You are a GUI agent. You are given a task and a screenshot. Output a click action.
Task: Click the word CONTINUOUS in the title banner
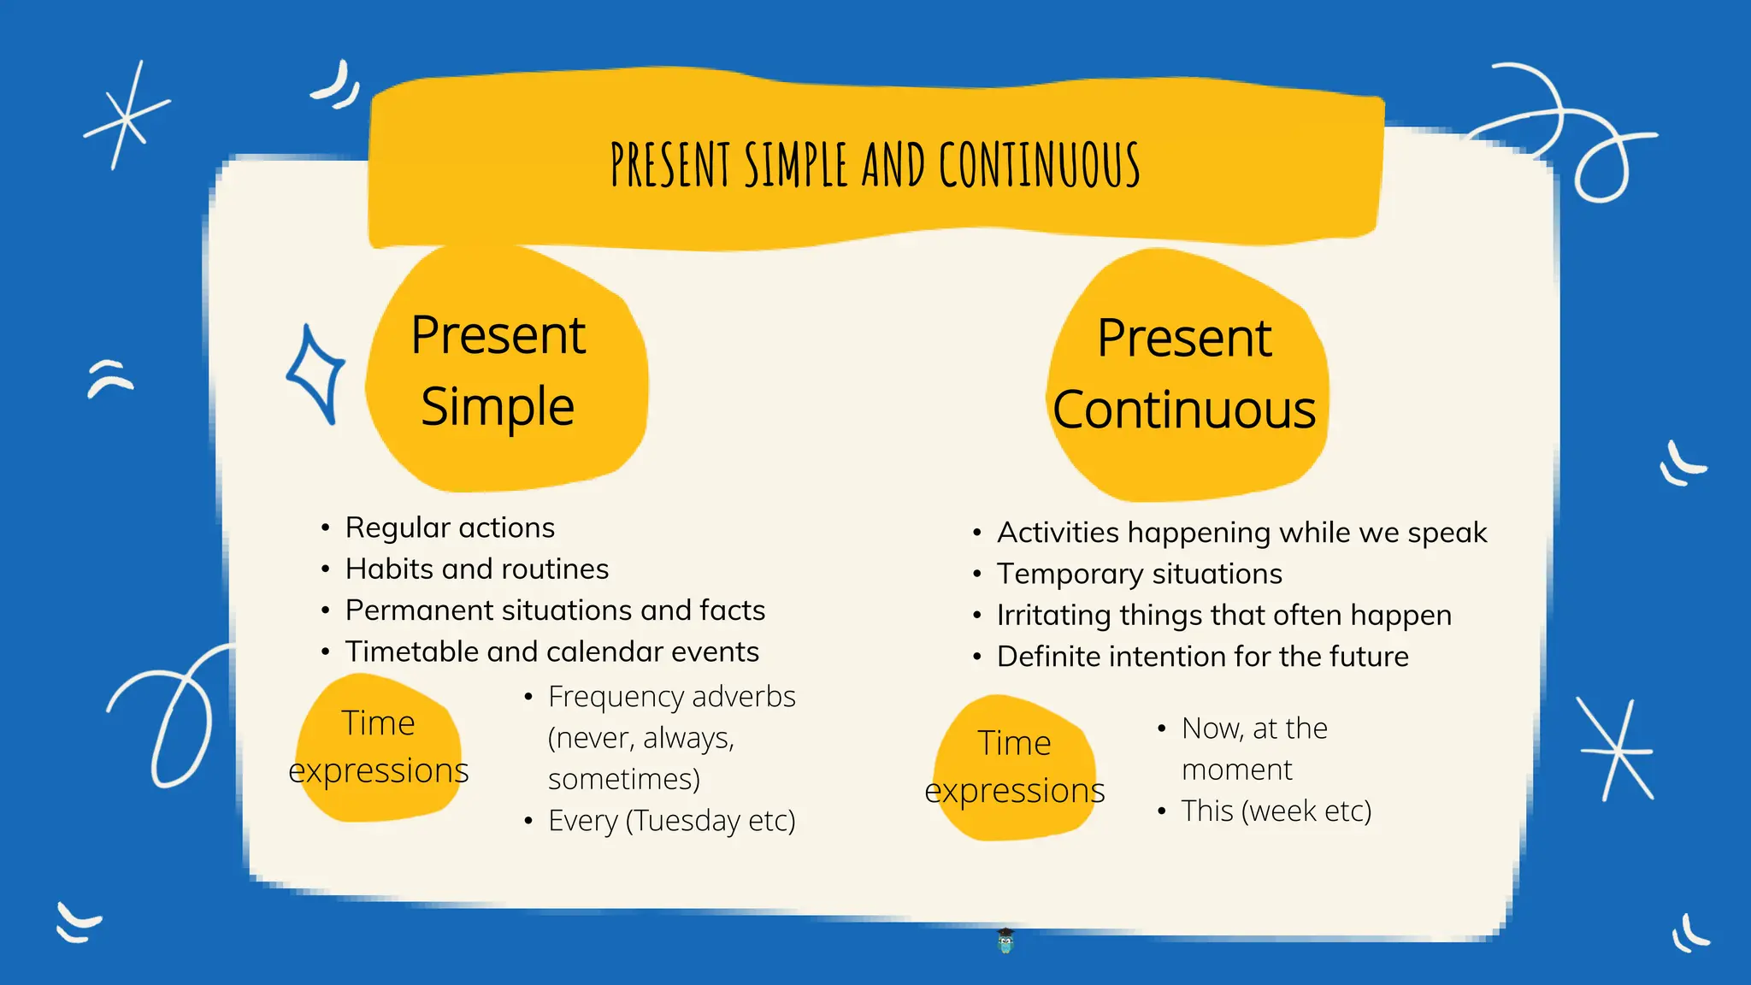(x=1039, y=164)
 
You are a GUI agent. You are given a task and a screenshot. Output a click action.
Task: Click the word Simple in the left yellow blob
(x=498, y=406)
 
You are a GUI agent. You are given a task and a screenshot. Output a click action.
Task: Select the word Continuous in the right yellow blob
(x=1184, y=410)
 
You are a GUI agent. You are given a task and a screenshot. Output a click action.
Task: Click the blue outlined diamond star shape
(x=316, y=374)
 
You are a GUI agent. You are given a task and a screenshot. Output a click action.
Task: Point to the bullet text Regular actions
(x=450, y=528)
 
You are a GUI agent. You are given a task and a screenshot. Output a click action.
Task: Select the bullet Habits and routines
(x=477, y=569)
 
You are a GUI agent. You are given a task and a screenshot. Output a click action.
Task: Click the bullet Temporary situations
(x=1139, y=574)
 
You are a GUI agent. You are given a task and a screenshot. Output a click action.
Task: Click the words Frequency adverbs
(x=671, y=697)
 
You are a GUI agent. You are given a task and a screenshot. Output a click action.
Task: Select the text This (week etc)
(x=1276, y=811)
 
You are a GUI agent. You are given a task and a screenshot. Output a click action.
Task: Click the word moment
(x=1236, y=770)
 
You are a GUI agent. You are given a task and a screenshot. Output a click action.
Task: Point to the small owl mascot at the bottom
(x=1005, y=941)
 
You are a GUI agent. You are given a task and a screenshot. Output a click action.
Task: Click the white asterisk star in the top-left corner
(x=127, y=116)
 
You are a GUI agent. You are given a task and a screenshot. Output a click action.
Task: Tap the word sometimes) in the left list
(x=623, y=779)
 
